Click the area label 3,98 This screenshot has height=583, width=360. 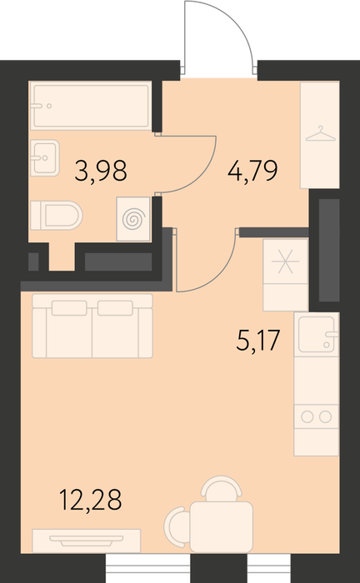tap(101, 171)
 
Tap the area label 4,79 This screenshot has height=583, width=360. tap(252, 171)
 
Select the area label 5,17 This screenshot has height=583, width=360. tap(257, 340)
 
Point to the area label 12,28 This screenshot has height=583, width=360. tap(90, 500)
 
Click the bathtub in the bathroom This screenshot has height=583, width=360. tap(90, 106)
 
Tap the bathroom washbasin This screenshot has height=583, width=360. tap(45, 157)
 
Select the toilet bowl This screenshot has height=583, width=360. tap(56, 215)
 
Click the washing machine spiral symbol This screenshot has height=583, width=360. tap(133, 219)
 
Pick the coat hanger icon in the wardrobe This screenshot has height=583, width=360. tap(320, 134)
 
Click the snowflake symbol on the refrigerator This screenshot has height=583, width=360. tap(285, 262)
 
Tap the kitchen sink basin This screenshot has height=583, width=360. tap(317, 334)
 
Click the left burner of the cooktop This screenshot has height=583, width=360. tap(307, 416)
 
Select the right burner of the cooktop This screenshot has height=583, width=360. tap(325, 416)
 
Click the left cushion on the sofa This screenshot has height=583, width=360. tap(69, 308)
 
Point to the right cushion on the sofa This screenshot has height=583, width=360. tap(115, 308)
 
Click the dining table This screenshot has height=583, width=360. tap(222, 526)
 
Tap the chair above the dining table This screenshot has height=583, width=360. tap(222, 488)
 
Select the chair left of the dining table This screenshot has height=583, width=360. tap(177, 527)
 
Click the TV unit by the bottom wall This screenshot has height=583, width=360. tap(87, 541)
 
